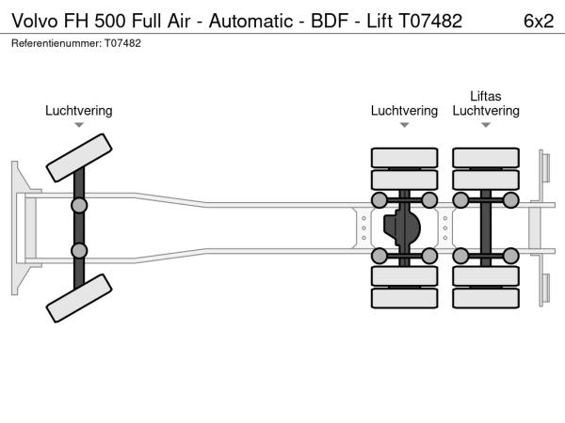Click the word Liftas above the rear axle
[486, 96]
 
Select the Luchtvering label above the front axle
[79, 111]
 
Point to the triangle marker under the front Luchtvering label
[79, 125]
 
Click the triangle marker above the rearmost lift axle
[486, 125]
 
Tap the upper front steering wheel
[79, 156]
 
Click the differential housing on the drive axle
[404, 227]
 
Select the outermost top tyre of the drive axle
[404, 157]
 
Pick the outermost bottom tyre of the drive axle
[404, 299]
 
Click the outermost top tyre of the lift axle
[486, 157]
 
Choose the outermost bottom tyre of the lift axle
[486, 299]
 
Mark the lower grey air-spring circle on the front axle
[79, 251]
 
